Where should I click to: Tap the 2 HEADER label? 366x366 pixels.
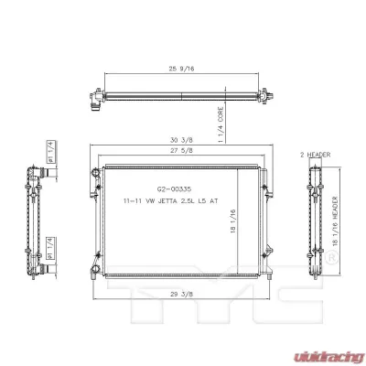tap(314, 156)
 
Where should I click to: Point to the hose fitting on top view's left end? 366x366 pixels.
tap(94, 99)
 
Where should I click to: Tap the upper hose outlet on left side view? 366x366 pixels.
tap(35, 172)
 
